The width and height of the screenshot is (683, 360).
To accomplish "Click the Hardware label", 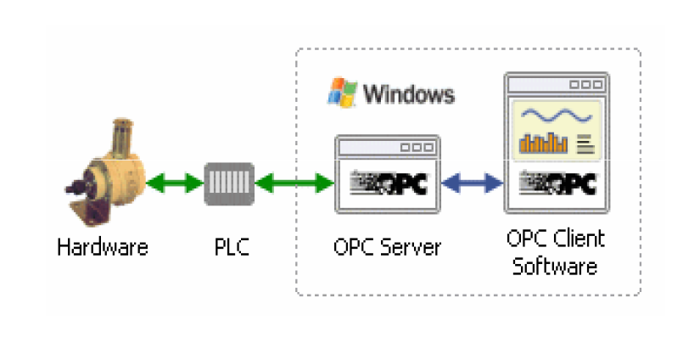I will point(103,248).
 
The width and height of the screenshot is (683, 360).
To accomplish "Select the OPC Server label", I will point(387,248).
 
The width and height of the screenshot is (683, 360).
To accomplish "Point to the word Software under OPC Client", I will point(555,266).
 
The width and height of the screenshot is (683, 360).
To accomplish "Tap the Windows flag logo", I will point(342,92).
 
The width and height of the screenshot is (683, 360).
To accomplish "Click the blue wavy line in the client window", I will point(557,115).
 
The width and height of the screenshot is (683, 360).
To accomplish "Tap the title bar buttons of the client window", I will point(585,85).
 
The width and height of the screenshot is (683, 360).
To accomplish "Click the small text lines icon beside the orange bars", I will point(585,143).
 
